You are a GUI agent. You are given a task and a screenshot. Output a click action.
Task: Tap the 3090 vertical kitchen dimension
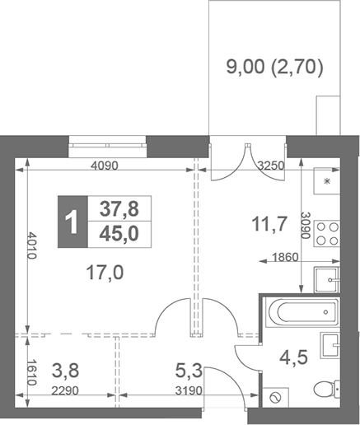coord(305,226)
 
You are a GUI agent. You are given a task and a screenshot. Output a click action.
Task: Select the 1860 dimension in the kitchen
coord(286,259)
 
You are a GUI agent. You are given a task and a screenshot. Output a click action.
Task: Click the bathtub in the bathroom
coord(302,312)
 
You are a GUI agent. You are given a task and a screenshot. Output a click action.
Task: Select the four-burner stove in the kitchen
coord(328,234)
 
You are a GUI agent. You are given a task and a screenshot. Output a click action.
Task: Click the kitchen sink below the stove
coord(330,279)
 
